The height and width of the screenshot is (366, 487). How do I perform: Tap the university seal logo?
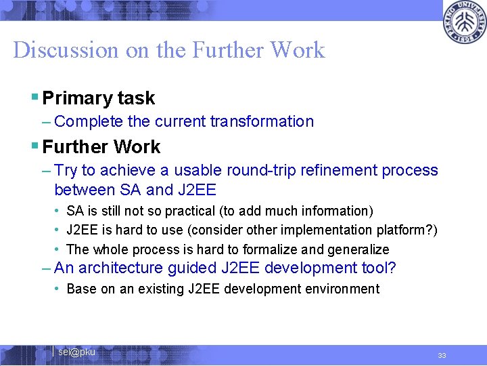tap(464, 23)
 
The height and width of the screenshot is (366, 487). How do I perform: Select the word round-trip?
tap(264, 171)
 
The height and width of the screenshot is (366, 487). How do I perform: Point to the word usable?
tap(198, 171)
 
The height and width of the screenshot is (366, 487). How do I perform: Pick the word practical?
tap(206, 211)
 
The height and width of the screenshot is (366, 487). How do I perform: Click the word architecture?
tap(118, 268)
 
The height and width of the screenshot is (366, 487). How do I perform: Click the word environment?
tap(342, 289)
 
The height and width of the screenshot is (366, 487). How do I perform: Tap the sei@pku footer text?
tap(76, 352)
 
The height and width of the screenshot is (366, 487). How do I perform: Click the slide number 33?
tap(442, 355)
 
